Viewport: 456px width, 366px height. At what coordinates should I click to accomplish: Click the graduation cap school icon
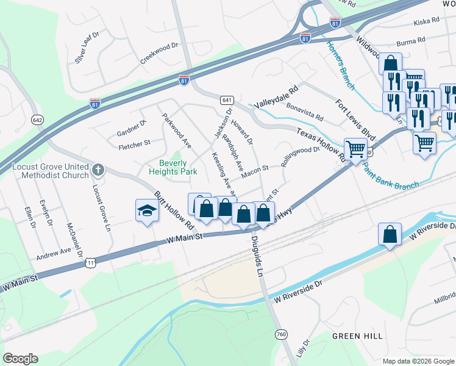coord(146,211)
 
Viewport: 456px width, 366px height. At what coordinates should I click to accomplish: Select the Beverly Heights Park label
coord(178,167)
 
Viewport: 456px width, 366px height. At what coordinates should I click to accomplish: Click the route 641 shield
coord(227,99)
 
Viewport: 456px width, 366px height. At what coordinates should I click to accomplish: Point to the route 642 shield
coord(38,120)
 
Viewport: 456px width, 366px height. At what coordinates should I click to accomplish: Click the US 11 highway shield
coord(90,262)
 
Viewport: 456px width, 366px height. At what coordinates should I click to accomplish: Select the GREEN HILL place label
coord(357,336)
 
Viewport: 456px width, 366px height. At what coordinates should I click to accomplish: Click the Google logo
coord(20,359)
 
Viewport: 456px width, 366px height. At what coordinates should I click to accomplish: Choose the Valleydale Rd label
coord(276,96)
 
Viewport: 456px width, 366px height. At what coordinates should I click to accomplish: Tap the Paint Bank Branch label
coord(390,177)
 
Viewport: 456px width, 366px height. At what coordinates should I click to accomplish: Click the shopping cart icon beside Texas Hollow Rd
coord(355,148)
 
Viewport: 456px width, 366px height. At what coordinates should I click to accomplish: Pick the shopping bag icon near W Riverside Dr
coord(390,234)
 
